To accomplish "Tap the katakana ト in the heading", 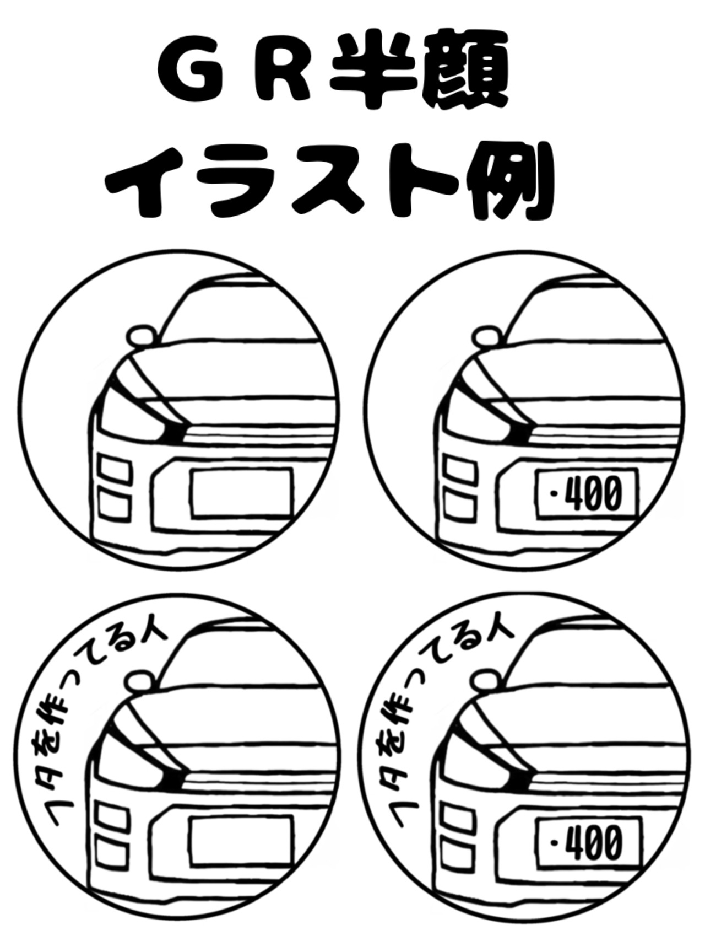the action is [422, 182].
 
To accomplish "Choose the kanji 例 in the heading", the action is [509, 182].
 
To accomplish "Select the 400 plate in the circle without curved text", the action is [586, 493].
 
